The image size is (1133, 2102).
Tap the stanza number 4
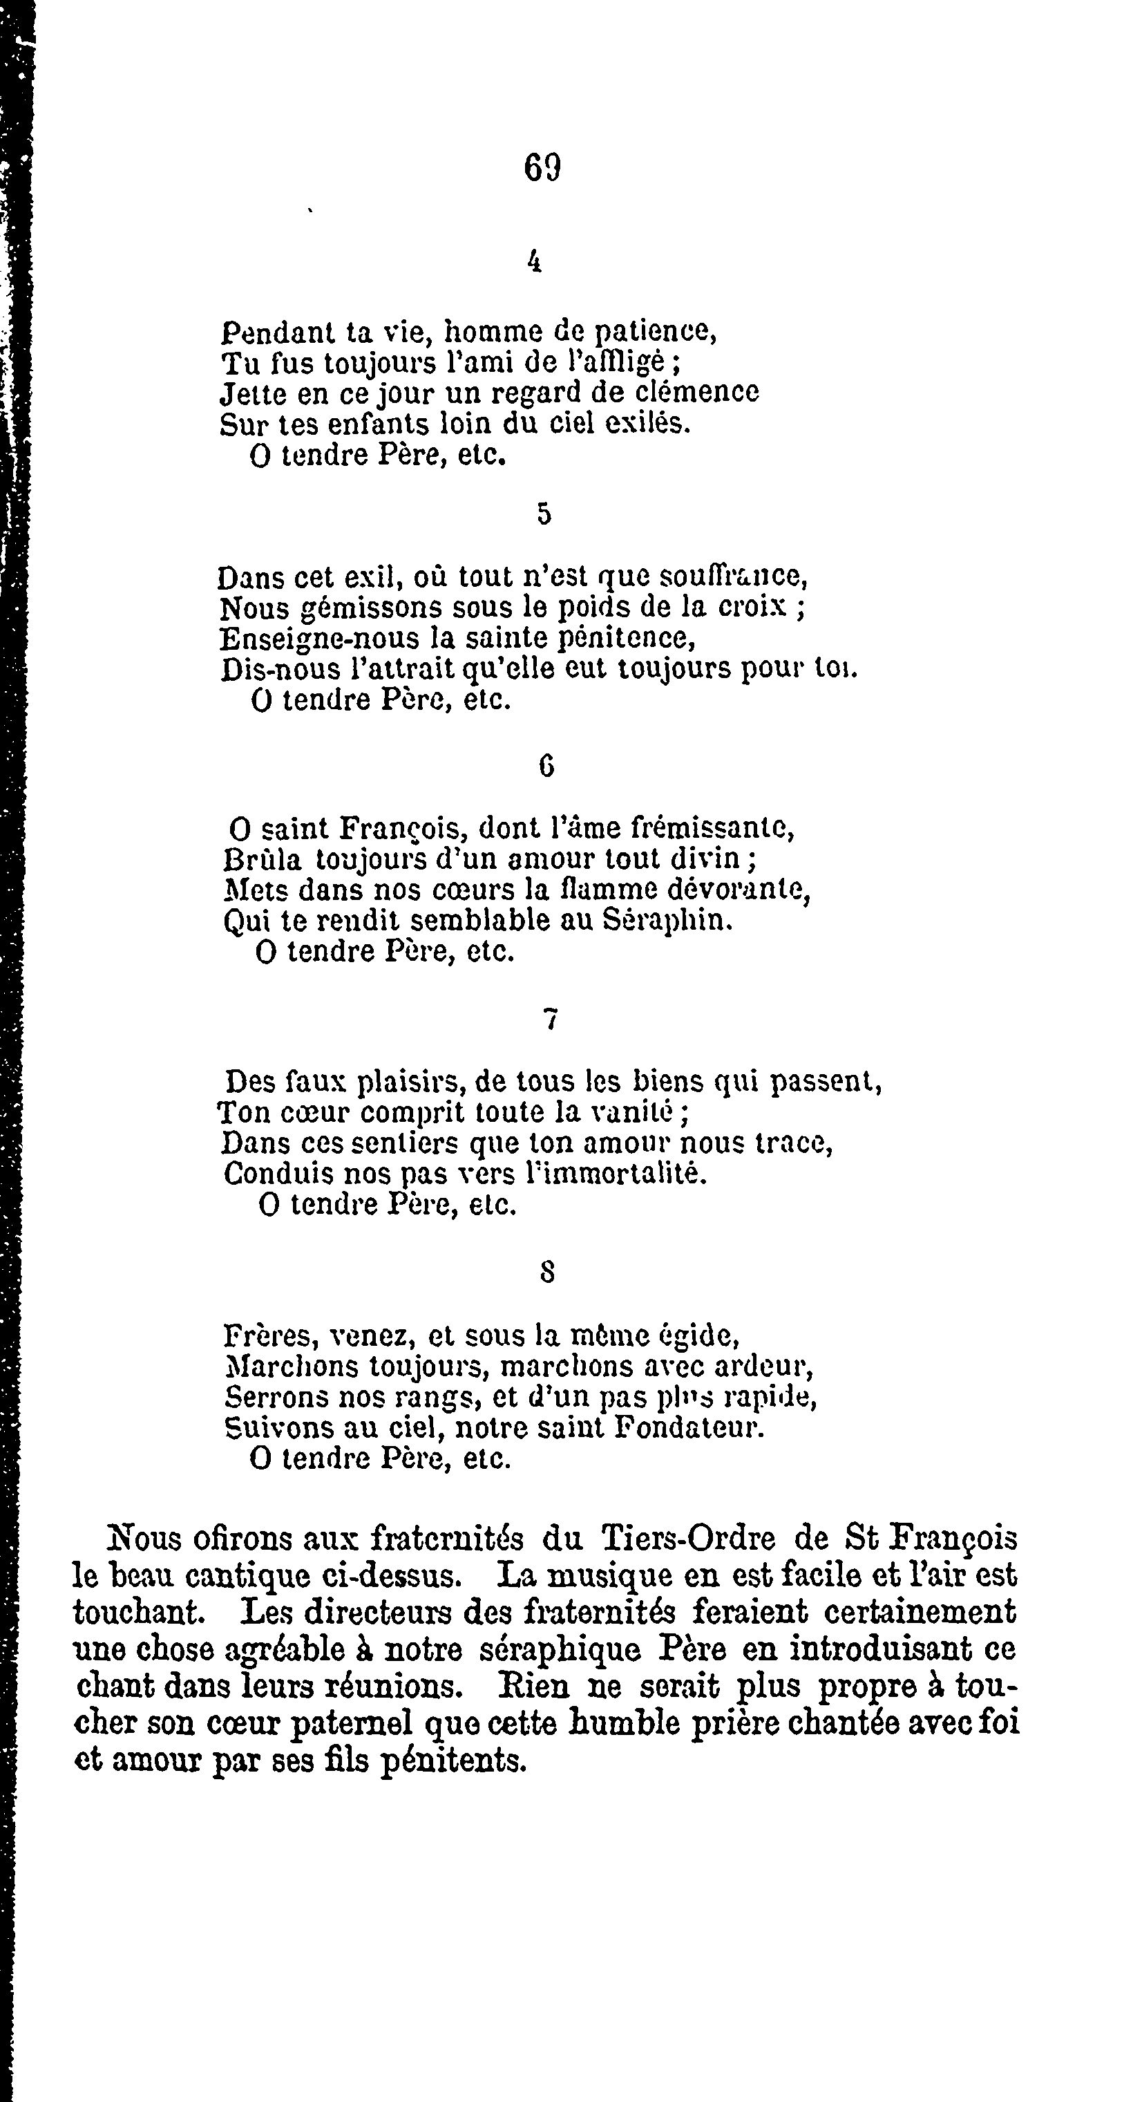click(x=535, y=261)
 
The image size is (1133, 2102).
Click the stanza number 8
click(x=547, y=1271)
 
